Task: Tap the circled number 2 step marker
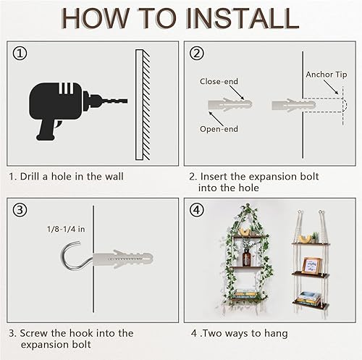point(196,54)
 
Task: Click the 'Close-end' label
point(217,82)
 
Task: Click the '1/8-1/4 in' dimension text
point(65,230)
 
